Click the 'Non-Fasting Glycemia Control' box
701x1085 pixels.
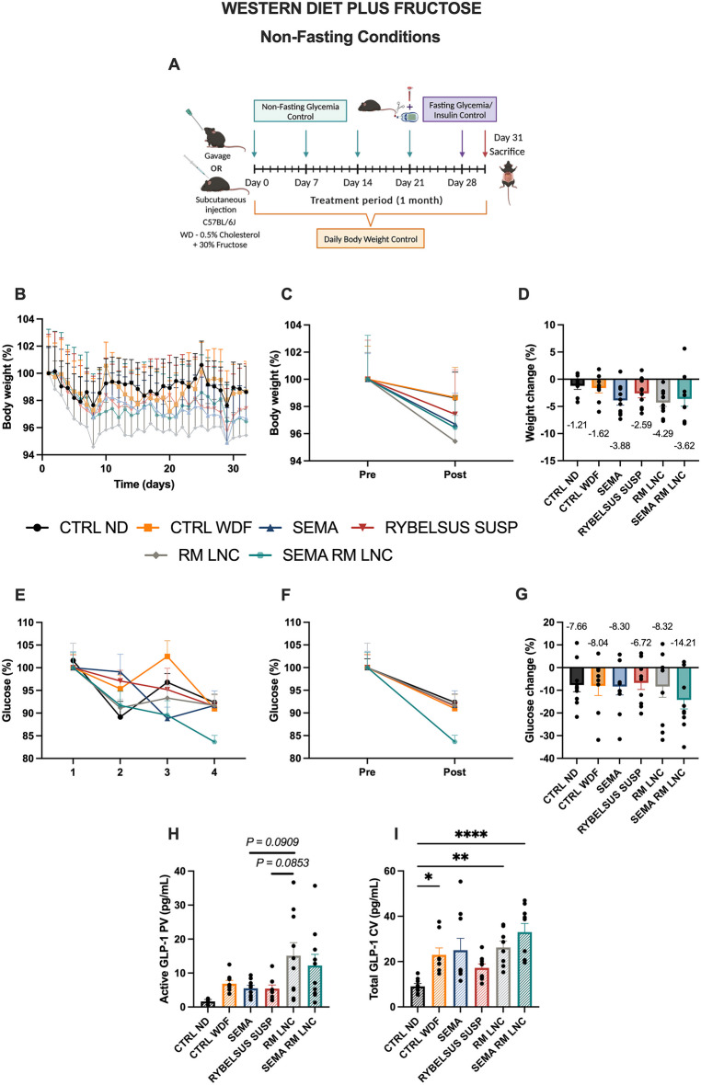point(300,111)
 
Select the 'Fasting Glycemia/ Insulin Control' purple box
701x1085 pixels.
point(459,109)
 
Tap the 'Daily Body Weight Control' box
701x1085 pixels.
point(370,239)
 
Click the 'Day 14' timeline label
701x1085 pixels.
point(358,183)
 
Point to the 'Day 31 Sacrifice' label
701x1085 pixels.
point(507,144)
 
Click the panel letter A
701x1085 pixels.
point(174,64)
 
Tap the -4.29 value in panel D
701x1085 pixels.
point(662,433)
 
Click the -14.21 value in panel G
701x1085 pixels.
point(683,643)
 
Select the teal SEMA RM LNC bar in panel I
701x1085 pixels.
point(524,969)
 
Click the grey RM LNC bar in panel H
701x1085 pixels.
point(293,981)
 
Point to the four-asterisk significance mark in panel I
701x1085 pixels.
point(471,835)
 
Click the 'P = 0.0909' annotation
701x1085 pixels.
point(272,842)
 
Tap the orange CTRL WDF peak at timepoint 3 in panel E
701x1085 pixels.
point(167,656)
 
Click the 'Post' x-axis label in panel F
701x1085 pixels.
point(454,771)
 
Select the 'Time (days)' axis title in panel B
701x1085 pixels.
point(144,485)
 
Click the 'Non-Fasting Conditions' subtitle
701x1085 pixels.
point(350,37)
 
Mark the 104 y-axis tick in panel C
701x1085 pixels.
point(294,325)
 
